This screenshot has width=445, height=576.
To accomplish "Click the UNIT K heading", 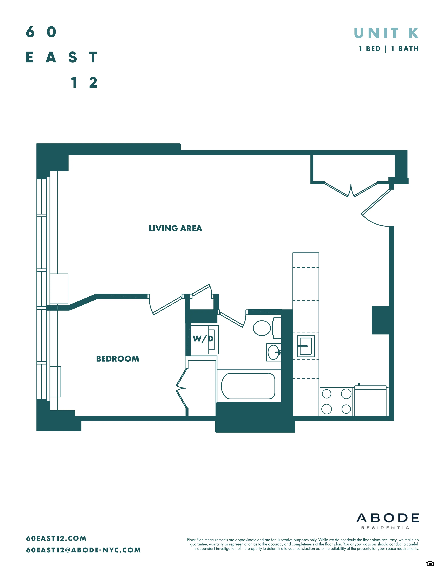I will tap(386, 33).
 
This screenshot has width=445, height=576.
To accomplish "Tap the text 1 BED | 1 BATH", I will tap(389, 49).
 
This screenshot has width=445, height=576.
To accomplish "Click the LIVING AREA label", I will tap(175, 228).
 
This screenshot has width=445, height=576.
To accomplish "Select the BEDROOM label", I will tap(118, 359).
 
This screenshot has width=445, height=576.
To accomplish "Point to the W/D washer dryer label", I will tap(203, 339).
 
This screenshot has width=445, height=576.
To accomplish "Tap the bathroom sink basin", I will tap(273, 352).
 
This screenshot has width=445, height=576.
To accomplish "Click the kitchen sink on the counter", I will tap(306, 346).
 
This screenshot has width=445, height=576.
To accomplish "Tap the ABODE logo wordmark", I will tap(388, 518).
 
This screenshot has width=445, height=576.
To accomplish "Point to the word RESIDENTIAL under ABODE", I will tap(388, 528).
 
